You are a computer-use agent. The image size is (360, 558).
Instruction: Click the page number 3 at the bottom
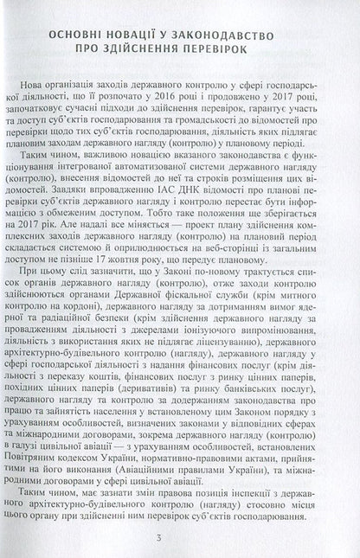[x=181, y=541]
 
